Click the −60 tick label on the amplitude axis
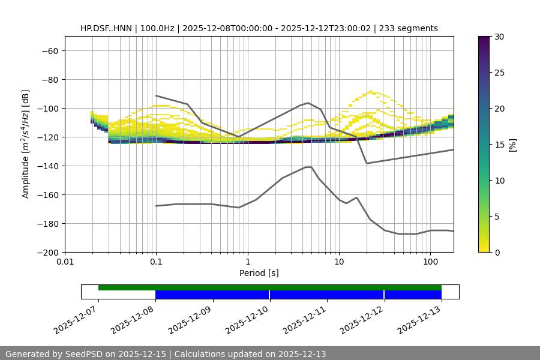pos(49,50)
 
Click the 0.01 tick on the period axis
pos(65,262)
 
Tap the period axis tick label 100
pos(430,262)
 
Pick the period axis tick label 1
pos(247,262)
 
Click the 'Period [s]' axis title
pos(259,273)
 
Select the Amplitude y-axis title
pos(26,144)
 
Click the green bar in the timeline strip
pos(270,287)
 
